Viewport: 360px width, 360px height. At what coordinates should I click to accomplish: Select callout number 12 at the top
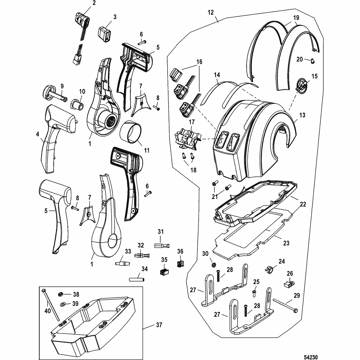pyautogui.click(x=210, y=12)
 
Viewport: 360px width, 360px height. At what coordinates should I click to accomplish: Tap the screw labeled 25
pyautogui.click(x=254, y=291)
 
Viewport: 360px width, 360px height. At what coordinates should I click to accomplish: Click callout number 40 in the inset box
pyautogui.click(x=48, y=311)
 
